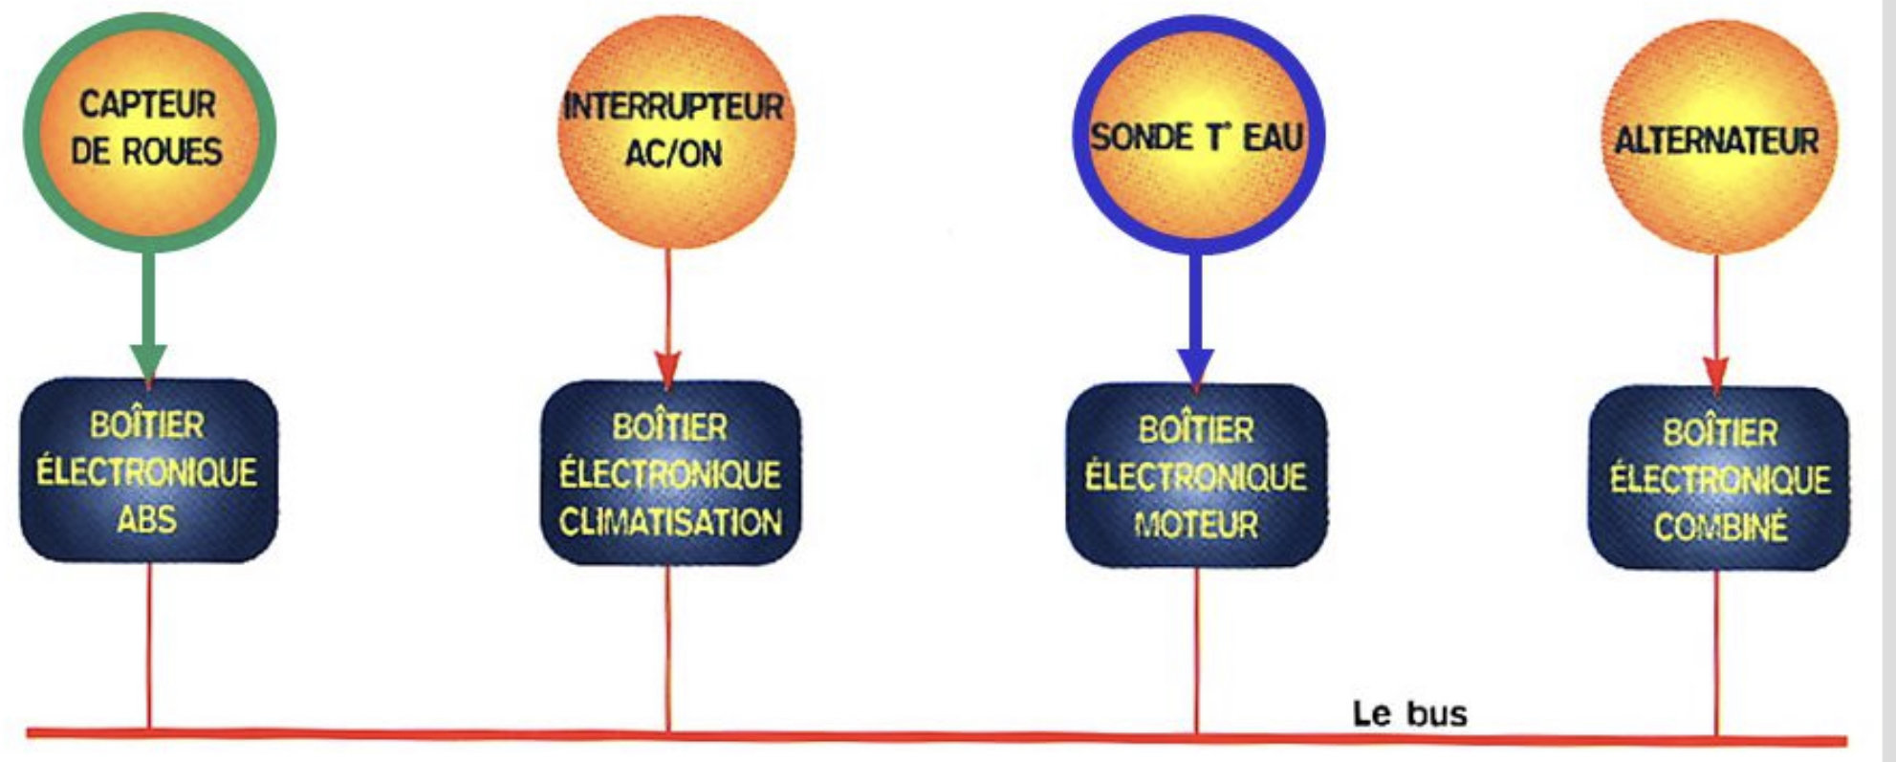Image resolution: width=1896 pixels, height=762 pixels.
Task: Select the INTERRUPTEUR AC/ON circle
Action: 674,131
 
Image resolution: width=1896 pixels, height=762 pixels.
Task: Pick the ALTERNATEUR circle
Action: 1717,139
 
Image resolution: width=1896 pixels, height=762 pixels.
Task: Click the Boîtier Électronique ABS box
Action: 148,470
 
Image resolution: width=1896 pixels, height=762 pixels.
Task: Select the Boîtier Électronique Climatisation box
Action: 670,473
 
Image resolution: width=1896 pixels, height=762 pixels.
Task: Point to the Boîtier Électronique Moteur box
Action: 1195,475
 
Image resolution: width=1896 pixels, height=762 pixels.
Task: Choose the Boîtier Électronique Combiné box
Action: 1719,478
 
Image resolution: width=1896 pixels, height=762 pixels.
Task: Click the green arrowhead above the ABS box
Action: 148,361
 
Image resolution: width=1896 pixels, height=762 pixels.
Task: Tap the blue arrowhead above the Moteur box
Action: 1195,366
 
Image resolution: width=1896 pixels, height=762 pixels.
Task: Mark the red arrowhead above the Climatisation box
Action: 667,367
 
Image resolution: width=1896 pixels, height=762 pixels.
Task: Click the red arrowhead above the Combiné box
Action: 1716,372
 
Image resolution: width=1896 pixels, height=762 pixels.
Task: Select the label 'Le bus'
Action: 1409,713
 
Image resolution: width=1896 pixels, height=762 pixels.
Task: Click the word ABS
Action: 147,519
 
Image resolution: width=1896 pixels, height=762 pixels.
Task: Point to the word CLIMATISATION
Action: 670,522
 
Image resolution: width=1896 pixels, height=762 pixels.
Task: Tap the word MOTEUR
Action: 1195,524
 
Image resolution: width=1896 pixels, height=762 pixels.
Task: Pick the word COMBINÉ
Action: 1720,527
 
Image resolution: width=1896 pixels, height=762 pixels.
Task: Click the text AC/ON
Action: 673,154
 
